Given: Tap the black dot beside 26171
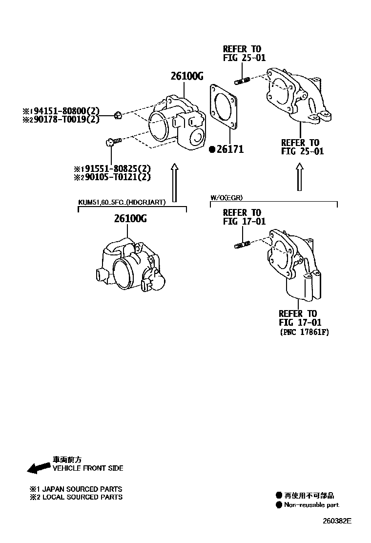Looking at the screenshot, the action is [212, 150].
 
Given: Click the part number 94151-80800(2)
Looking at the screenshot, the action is [67, 111].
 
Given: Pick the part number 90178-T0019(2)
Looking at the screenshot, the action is [67, 119].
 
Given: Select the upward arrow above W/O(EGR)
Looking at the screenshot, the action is [300, 177].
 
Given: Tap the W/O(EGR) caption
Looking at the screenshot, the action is [227, 198].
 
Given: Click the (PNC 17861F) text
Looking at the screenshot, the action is [305, 333].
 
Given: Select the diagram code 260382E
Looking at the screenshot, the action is [336, 521].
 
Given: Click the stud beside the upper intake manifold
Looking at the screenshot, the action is [242, 80].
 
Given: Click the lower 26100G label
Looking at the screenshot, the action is [130, 219].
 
